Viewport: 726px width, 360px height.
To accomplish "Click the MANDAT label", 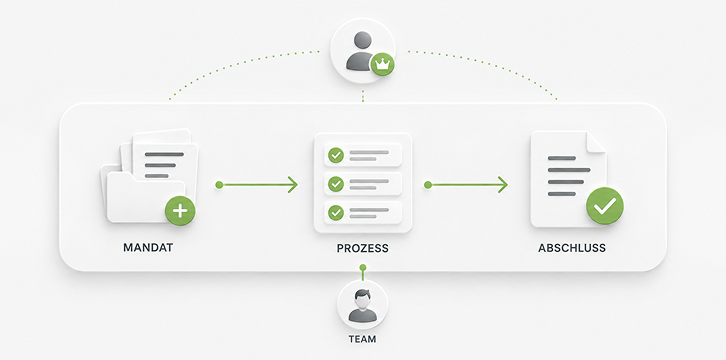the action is point(148,248).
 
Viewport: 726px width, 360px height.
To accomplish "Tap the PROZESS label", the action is point(363,248).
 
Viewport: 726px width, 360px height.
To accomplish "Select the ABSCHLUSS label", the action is point(572,248).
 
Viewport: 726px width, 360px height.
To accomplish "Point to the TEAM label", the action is point(363,339).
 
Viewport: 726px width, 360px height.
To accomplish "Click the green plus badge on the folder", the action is point(180,211).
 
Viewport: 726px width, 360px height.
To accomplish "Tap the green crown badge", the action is point(382,64).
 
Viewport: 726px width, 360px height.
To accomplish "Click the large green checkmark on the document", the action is point(605,206).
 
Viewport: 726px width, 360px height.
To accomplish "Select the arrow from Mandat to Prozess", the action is point(257,185).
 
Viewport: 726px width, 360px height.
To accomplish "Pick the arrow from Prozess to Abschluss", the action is point(466,185).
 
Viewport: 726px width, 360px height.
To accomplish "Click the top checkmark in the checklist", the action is point(336,155).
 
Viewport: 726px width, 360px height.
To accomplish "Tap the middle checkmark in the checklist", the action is point(336,184).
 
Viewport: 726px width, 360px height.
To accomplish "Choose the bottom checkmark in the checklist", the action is point(336,213).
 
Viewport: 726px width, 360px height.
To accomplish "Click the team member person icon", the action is point(363,306).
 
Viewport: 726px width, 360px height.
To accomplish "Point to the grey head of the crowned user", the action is point(363,40).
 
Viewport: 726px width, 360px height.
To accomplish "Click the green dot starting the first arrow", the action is point(219,185).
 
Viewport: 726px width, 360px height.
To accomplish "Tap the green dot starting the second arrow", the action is point(428,185).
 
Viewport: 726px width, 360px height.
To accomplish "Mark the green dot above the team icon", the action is point(363,267).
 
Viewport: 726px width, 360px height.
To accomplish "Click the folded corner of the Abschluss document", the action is point(596,142).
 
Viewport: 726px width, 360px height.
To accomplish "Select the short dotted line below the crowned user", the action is point(363,96).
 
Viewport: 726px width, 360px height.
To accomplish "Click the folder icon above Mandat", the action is point(149,177).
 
